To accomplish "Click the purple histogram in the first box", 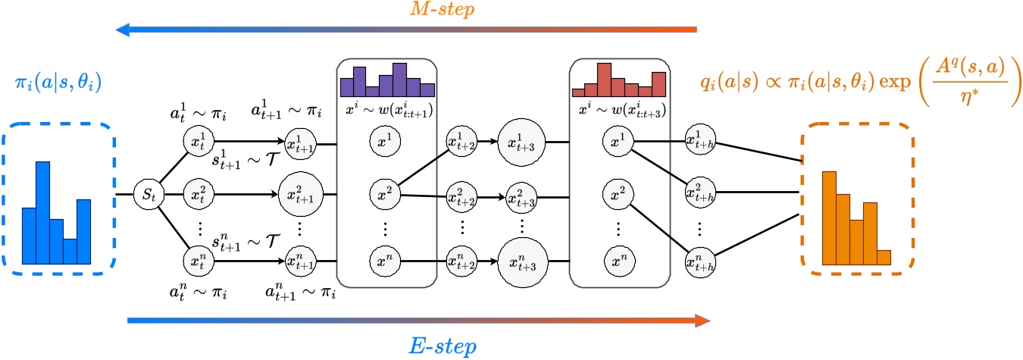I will coord(386,80).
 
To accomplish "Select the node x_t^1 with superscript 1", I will coord(199,141).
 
